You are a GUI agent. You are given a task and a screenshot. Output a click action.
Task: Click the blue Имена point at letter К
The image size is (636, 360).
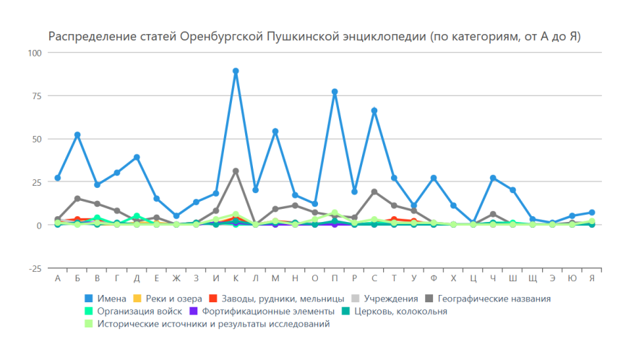pyautogui.click(x=236, y=71)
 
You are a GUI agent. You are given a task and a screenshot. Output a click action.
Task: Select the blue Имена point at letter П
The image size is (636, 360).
pyautogui.click(x=335, y=92)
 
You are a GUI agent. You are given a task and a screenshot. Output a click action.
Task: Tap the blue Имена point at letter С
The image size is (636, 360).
pyautogui.click(x=374, y=111)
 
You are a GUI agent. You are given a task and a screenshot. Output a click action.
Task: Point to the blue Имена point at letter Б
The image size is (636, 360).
pyautogui.click(x=77, y=135)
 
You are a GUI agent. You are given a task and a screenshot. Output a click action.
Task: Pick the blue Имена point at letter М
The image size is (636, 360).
pyautogui.click(x=275, y=132)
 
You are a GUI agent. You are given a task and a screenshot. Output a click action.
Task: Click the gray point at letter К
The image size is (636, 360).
pyautogui.click(x=236, y=171)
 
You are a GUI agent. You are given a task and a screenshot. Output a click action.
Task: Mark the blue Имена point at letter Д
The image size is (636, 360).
pyautogui.click(x=137, y=158)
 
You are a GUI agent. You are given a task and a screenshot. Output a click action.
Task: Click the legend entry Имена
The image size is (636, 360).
pyautogui.click(x=106, y=299)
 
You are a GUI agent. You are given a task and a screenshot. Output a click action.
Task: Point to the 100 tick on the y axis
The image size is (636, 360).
pyautogui.click(x=35, y=53)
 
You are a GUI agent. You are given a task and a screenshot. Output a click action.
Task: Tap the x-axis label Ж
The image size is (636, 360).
pyautogui.click(x=176, y=279)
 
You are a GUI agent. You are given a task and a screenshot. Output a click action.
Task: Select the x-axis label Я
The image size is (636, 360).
pyautogui.click(x=592, y=279)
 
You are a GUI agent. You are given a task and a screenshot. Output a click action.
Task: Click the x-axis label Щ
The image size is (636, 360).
pyautogui.click(x=533, y=279)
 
